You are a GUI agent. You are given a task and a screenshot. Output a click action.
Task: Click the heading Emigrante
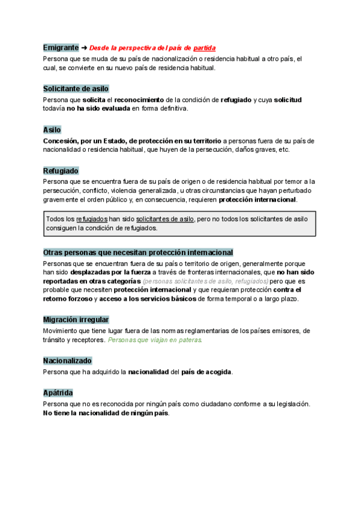click(x=61, y=47)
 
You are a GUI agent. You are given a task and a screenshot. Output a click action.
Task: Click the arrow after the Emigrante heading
click(x=84, y=47)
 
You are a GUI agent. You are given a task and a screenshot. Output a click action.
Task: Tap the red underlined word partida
click(x=204, y=47)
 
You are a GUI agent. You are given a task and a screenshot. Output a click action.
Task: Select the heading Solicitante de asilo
click(x=76, y=88)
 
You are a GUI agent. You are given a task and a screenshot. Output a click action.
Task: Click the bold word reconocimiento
click(x=140, y=99)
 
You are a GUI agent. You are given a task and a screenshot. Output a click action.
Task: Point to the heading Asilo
click(x=52, y=130)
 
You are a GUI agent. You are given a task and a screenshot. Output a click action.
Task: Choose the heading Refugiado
click(x=61, y=171)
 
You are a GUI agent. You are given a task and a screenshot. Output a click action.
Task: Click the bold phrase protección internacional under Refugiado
click(x=257, y=199)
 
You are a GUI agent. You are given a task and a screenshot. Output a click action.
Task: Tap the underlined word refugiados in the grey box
click(x=92, y=219)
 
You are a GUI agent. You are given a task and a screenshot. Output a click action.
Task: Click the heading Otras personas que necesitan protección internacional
click(x=138, y=253)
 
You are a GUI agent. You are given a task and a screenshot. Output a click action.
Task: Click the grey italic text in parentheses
click(x=205, y=281)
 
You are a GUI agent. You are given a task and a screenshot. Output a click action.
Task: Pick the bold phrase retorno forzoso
click(x=67, y=298)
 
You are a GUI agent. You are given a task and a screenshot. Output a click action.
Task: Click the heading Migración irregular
click(x=76, y=319)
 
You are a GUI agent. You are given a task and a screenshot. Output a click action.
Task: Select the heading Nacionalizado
click(x=67, y=361)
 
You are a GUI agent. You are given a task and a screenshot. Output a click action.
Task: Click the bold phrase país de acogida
click(x=206, y=372)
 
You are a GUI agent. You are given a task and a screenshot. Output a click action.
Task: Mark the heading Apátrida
click(x=58, y=393)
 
